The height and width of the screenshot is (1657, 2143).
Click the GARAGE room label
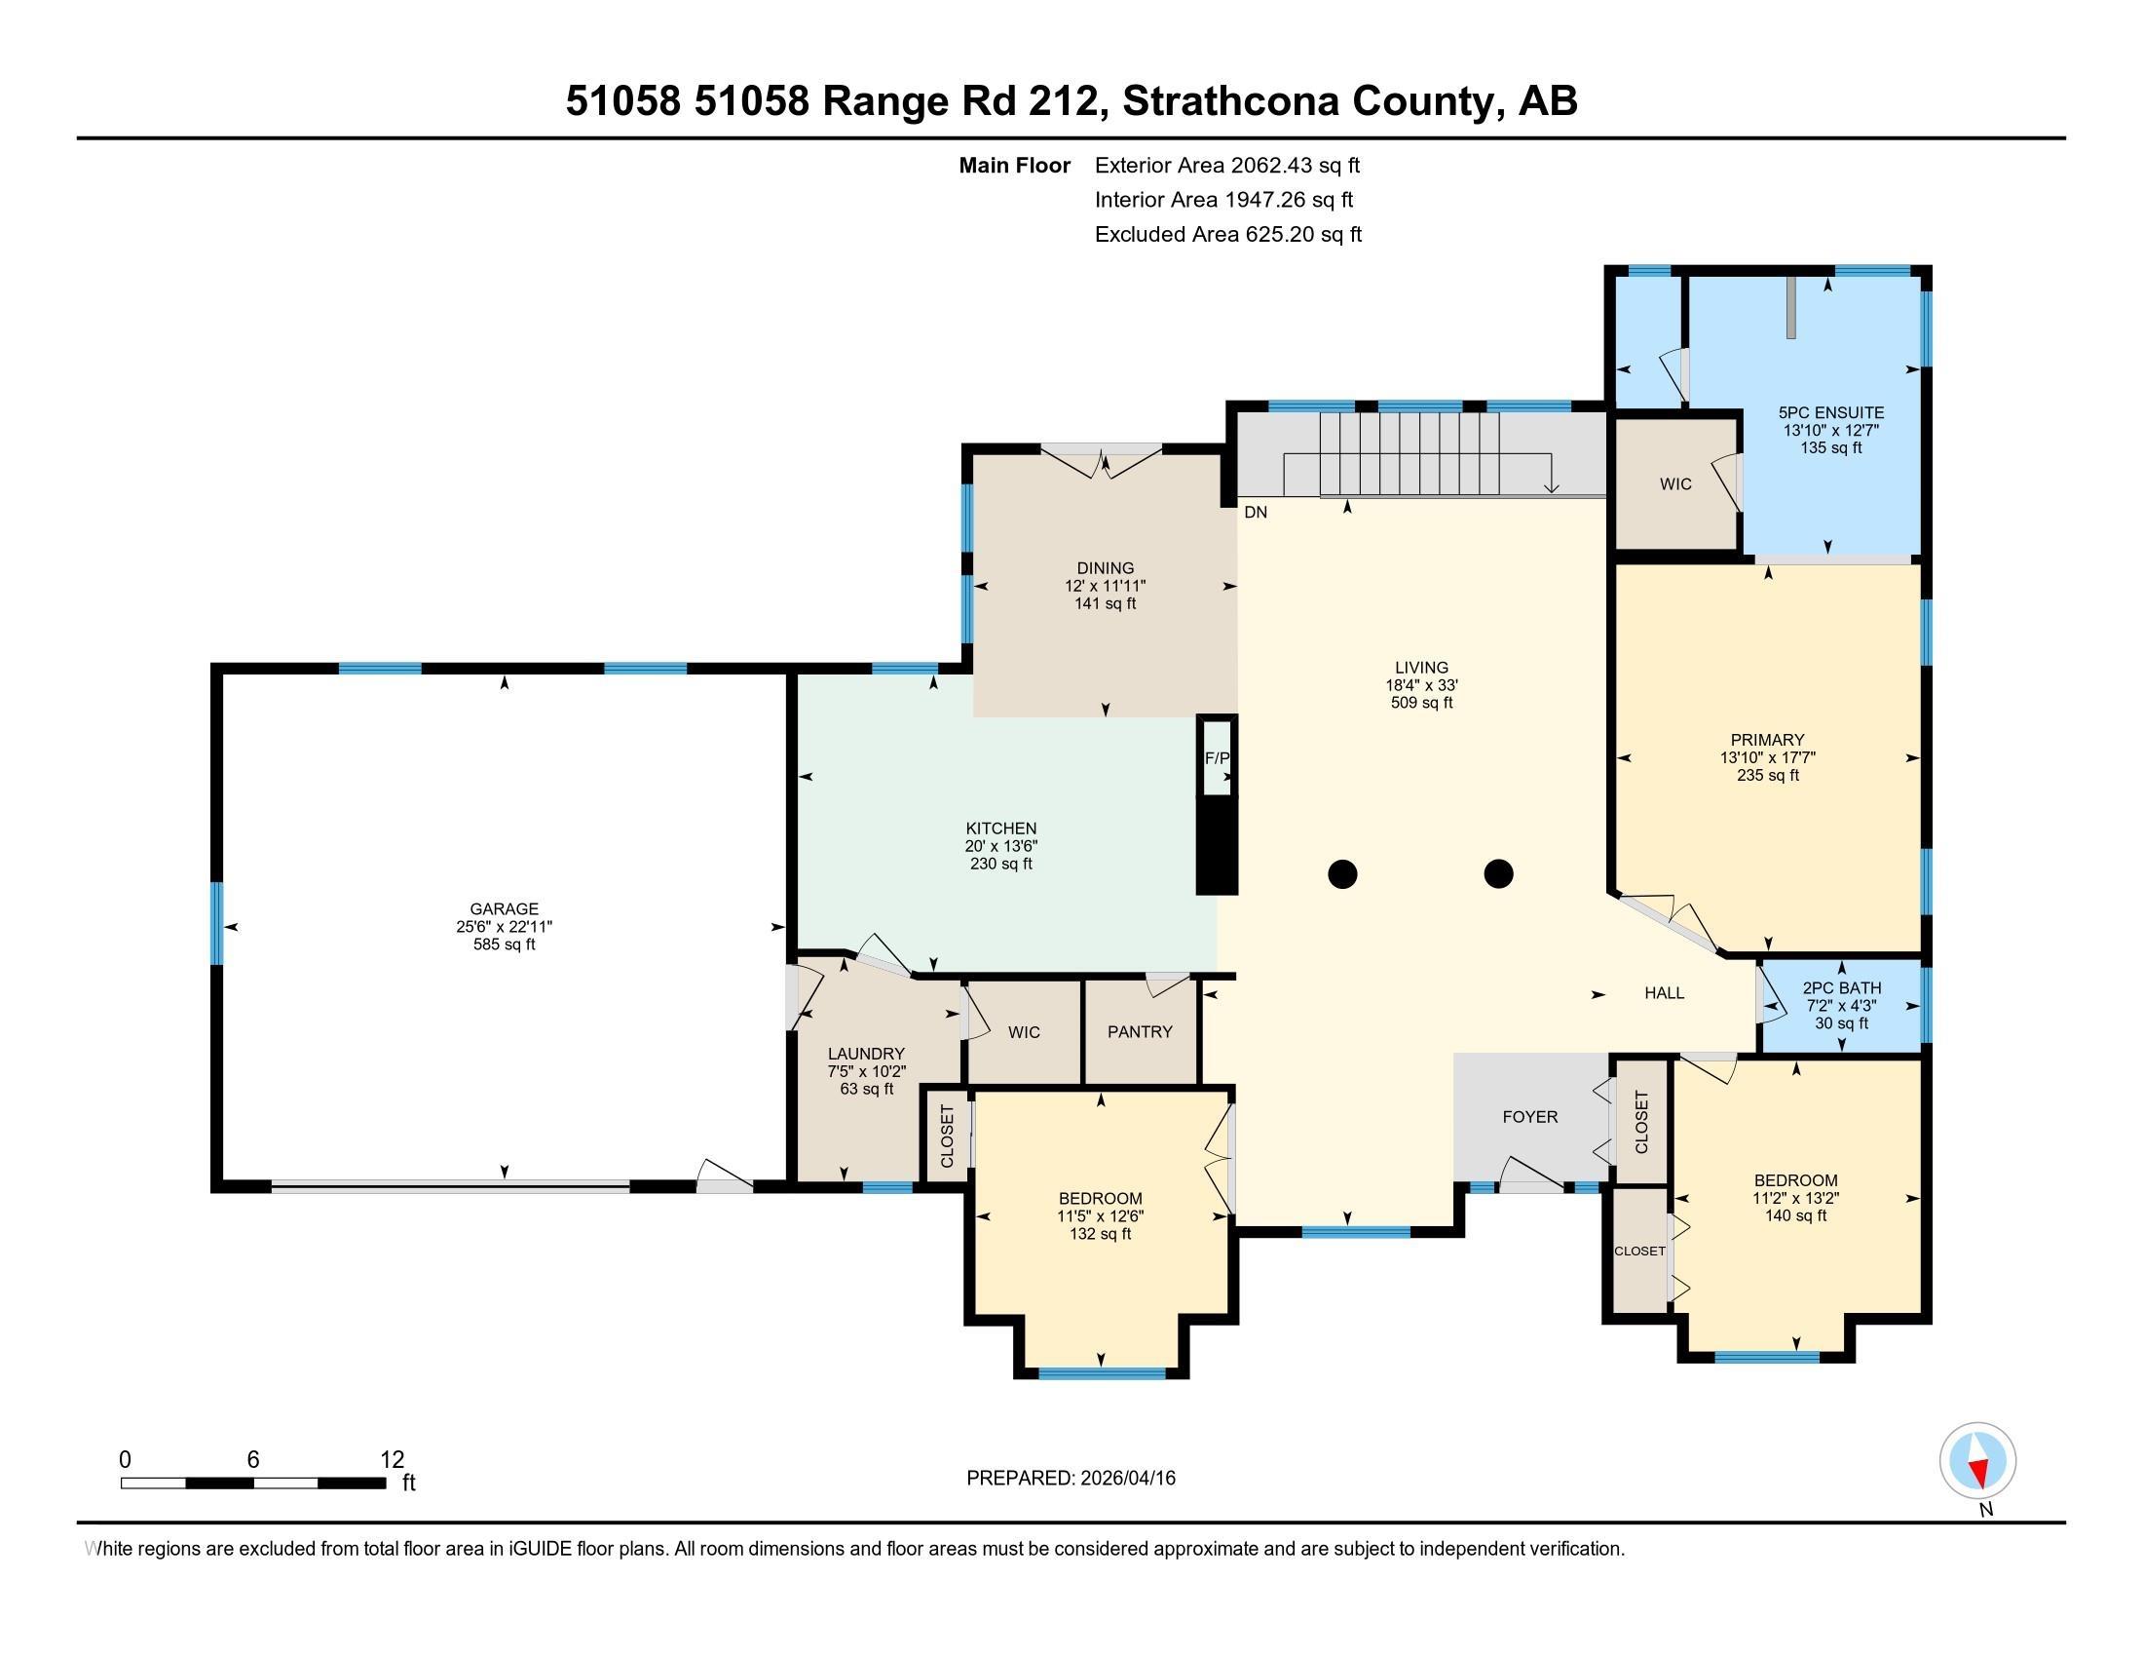click(x=504, y=908)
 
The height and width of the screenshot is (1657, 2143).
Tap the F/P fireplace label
click(x=1217, y=757)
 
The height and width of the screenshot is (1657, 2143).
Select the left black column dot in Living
click(x=1342, y=872)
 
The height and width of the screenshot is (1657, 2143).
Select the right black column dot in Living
click(x=1498, y=872)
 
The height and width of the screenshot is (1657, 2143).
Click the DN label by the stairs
click(x=1255, y=512)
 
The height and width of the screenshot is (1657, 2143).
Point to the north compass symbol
click(x=1977, y=1461)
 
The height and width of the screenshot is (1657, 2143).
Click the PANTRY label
click(x=1140, y=1031)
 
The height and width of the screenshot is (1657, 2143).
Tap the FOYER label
click(x=1529, y=1116)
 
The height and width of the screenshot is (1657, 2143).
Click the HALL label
click(x=1664, y=992)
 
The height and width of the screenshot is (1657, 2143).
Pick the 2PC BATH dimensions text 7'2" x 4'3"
click(x=1841, y=1005)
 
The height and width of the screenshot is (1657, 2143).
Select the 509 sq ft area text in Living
click(x=1421, y=703)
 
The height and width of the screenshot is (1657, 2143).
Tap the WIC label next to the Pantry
click(x=1024, y=1031)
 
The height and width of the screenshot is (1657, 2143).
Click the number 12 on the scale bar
click(x=392, y=1460)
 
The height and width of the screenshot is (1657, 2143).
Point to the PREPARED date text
click(x=1071, y=1479)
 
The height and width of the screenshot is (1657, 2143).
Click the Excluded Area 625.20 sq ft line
click(x=1227, y=235)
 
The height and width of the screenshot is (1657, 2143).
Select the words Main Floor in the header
click(x=1014, y=166)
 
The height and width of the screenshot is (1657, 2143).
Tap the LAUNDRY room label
click(x=864, y=1054)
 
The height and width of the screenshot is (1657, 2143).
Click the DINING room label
click(x=1105, y=567)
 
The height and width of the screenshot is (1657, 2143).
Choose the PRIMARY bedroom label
click(x=1767, y=739)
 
